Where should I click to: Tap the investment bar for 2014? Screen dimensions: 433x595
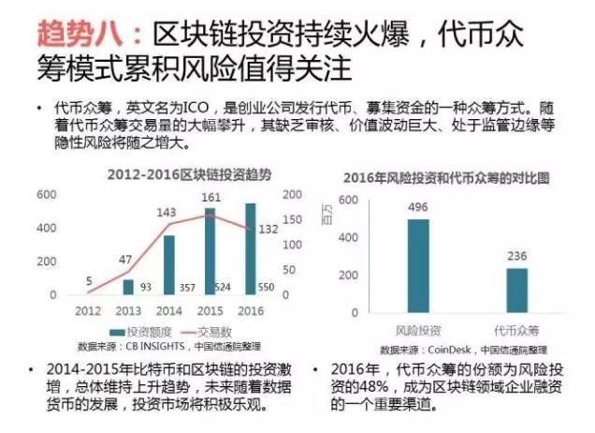(168, 264)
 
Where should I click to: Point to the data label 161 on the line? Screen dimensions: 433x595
(211, 198)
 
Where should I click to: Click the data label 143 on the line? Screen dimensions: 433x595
(167, 213)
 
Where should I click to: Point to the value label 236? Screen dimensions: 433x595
(517, 258)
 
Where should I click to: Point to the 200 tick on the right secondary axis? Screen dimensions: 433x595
(293, 195)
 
